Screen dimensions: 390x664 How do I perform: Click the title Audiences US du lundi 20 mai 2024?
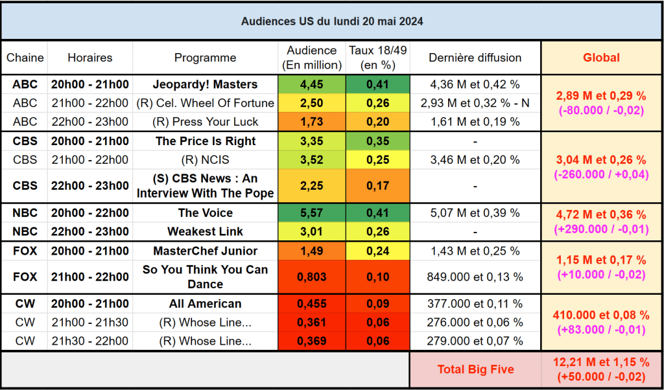tap(332, 21)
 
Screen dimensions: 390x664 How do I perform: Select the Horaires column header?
tap(89, 58)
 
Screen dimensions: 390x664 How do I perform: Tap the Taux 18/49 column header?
tap(377, 58)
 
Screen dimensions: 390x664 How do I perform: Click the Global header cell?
tap(601, 58)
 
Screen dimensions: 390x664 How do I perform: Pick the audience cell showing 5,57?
tap(311, 213)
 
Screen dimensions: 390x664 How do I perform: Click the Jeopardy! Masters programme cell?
tap(205, 84)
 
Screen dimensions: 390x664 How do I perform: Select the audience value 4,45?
tap(311, 84)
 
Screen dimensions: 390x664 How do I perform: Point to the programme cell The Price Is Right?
tap(205, 141)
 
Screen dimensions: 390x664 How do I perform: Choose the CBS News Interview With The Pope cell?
tap(205, 186)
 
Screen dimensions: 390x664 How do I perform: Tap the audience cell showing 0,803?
tap(311, 277)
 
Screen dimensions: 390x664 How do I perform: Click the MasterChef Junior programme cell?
tap(205, 251)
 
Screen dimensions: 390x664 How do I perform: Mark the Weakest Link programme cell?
tap(205, 231)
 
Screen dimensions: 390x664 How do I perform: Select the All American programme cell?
tap(205, 304)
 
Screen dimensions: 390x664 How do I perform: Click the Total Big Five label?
tap(475, 369)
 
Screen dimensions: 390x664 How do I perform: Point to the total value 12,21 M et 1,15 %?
tap(601, 363)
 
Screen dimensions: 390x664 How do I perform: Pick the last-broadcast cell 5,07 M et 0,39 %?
tap(475, 213)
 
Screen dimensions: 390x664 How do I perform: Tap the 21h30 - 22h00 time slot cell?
tap(89, 341)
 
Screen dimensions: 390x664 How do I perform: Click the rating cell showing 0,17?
tap(377, 186)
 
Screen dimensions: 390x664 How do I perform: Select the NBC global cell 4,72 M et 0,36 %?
tap(601, 214)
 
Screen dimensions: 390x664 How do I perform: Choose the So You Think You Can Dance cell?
tap(205, 277)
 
